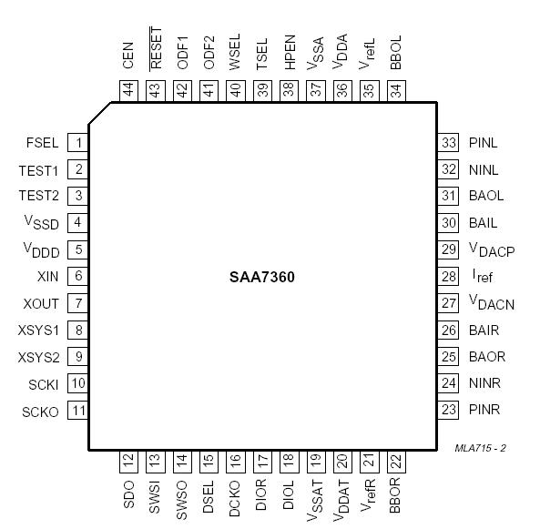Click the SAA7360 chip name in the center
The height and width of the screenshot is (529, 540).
[261, 277]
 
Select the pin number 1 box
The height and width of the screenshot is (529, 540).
[79, 143]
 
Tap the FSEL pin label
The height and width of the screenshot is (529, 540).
[44, 143]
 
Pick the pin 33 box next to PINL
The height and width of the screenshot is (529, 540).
[448, 143]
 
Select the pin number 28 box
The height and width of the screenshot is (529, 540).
[448, 277]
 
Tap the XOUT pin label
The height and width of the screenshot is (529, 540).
[42, 303]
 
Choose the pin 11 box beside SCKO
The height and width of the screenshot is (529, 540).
[79, 411]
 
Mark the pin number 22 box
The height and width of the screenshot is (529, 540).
[395, 462]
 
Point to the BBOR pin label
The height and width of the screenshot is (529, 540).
[395, 497]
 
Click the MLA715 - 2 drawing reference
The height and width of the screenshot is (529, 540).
[481, 448]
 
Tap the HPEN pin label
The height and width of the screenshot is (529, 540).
[289, 54]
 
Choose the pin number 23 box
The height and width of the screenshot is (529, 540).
[448, 411]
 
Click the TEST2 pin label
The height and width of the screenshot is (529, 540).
[38, 196]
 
